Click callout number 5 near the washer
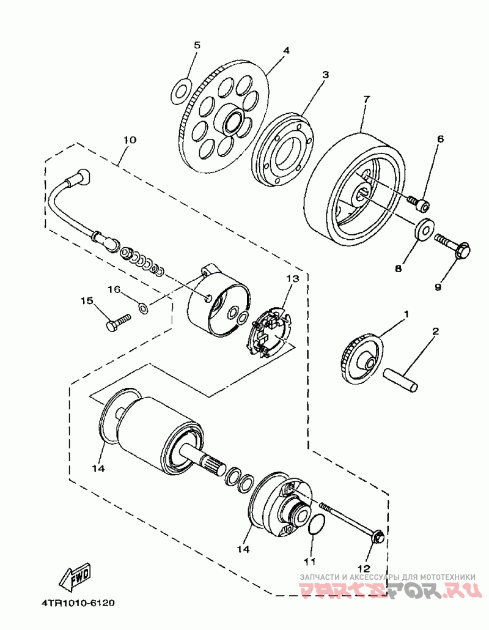(x=197, y=45)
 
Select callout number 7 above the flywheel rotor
(x=366, y=100)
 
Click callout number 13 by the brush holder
(x=292, y=279)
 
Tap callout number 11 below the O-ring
(x=310, y=560)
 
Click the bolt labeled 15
(x=118, y=322)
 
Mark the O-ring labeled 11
(x=316, y=524)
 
